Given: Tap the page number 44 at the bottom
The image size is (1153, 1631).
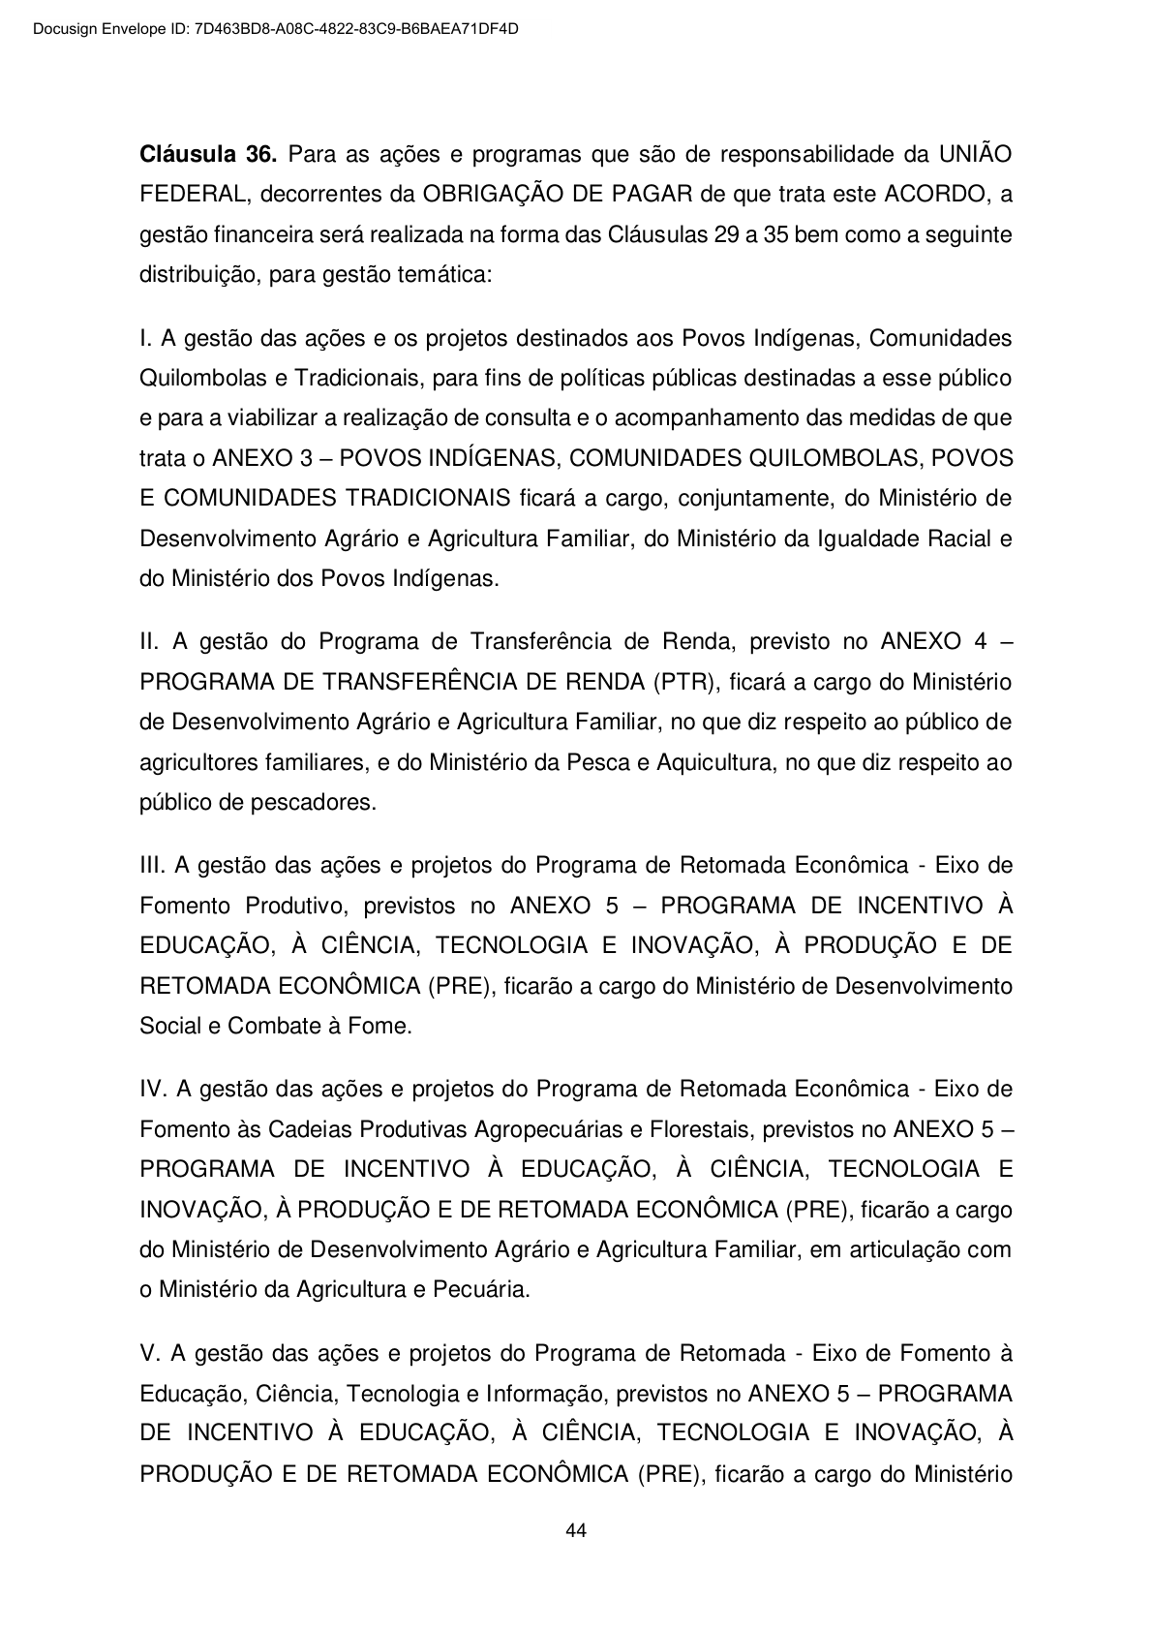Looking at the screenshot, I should (x=576, y=1531).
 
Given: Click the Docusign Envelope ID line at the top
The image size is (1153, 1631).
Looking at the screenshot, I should (x=275, y=29).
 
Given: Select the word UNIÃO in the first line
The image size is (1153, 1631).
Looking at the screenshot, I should (x=975, y=154).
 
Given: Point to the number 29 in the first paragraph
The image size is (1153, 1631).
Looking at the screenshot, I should (x=725, y=235).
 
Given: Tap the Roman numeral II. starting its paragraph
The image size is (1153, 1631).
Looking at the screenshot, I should (x=152, y=642).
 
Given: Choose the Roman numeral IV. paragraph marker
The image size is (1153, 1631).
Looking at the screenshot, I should (x=155, y=1090).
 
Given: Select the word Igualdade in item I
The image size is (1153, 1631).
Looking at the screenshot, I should (x=864, y=539).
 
